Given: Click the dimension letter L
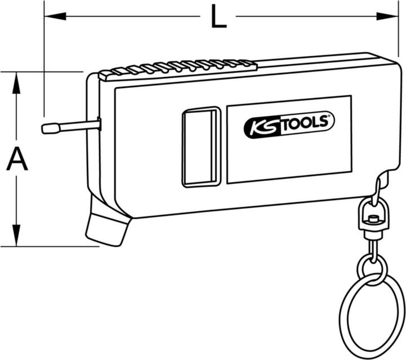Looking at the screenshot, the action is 219,16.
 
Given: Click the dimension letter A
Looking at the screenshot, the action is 17,159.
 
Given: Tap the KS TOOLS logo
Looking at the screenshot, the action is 289,125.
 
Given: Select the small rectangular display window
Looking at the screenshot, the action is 202,146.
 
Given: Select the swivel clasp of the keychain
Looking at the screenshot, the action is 371,218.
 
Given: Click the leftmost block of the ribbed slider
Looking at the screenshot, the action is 105,75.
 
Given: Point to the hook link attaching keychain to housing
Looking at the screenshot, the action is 377,189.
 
